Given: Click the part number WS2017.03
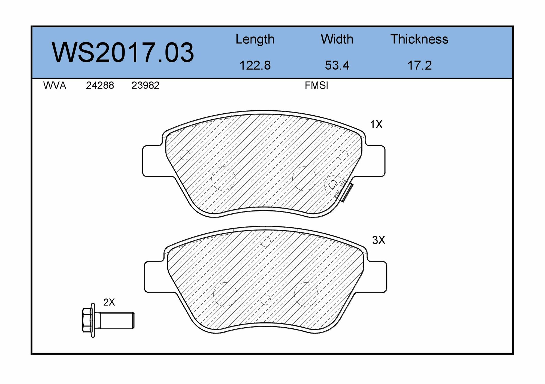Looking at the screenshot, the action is [x=123, y=52].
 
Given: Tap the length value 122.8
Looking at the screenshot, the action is [x=255, y=65].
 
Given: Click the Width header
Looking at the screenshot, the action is [x=337, y=39].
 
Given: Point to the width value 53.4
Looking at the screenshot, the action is [x=337, y=65].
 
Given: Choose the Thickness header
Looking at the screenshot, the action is [x=419, y=39].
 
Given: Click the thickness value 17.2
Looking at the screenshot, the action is [x=420, y=65].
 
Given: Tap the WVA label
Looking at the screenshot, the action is [x=55, y=86].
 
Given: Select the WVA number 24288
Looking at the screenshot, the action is [x=100, y=86].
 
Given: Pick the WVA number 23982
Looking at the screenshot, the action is [x=145, y=86].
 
